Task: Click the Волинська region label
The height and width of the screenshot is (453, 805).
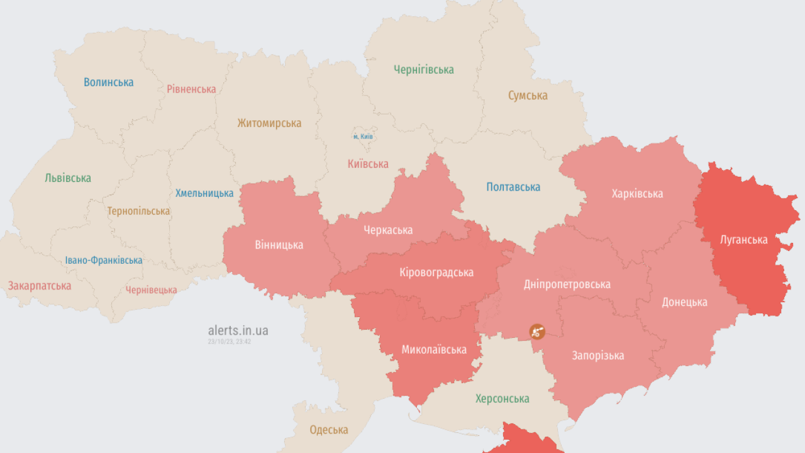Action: [108, 82]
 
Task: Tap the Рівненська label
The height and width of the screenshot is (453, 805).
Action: [191, 89]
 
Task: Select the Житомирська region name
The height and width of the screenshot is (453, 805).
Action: [269, 123]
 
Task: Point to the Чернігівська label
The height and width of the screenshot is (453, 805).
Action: [423, 70]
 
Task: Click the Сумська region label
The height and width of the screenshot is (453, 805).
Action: [528, 96]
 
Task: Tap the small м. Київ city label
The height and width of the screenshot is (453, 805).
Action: [364, 137]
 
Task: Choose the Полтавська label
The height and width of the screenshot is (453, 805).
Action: [513, 187]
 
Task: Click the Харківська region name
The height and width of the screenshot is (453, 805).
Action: [637, 194]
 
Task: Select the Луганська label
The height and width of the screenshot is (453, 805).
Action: [743, 240]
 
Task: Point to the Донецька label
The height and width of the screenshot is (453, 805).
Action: [684, 302]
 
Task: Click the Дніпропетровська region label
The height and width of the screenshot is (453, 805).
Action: [567, 284]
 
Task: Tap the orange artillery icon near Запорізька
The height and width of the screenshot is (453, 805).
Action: [536, 331]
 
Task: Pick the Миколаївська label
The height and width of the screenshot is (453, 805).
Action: [434, 350]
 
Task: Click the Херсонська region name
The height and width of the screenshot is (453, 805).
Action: [502, 399]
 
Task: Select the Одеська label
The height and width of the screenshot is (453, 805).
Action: [328, 430]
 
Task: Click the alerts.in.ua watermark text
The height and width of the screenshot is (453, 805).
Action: [238, 331]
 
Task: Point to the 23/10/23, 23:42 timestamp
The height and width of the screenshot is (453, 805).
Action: [230, 342]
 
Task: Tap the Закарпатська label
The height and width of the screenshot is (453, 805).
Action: [39, 286]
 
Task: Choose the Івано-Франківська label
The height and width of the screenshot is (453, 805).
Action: [104, 260]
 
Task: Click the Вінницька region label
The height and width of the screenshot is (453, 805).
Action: [279, 245]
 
